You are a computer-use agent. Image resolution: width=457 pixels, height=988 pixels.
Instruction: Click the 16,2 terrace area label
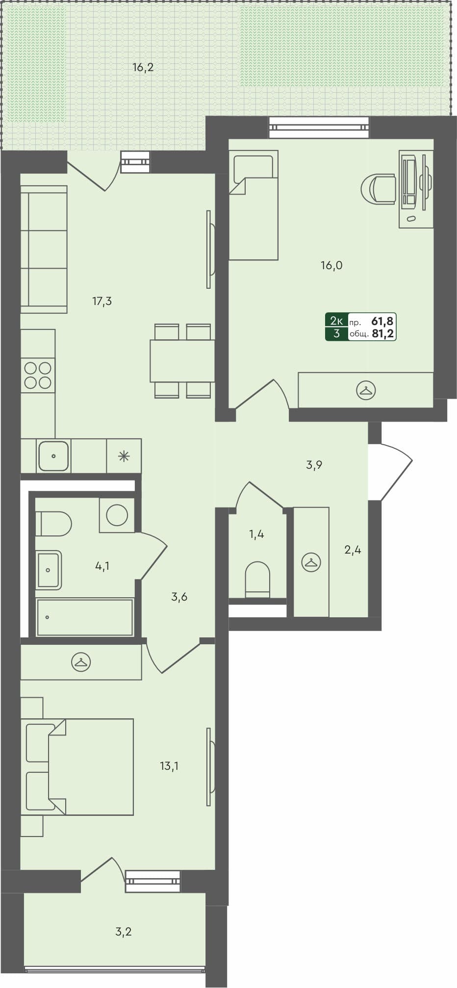click(x=143, y=68)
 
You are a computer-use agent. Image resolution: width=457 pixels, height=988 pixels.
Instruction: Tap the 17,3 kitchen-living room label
click(x=102, y=301)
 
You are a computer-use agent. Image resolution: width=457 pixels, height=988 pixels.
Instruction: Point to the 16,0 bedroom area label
click(x=331, y=266)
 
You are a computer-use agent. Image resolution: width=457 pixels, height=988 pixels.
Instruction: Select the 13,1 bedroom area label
click(x=169, y=765)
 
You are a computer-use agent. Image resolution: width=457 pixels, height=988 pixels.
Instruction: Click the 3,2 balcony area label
click(x=124, y=931)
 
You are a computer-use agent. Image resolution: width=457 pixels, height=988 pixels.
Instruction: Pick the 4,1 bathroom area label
click(x=102, y=566)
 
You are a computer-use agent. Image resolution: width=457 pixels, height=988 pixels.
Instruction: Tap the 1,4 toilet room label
click(x=256, y=534)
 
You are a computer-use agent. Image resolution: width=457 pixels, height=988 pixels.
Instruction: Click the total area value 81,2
click(x=383, y=334)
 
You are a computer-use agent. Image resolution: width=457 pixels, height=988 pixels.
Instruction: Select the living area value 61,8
click(x=383, y=322)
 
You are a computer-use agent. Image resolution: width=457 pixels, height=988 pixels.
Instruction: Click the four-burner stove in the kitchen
click(x=38, y=375)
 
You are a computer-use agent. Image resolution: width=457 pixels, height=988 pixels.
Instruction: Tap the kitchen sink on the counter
click(x=53, y=456)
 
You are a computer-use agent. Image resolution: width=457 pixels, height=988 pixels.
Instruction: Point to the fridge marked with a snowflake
click(x=124, y=456)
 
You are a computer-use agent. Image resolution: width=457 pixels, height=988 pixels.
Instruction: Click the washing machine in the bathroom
click(x=117, y=515)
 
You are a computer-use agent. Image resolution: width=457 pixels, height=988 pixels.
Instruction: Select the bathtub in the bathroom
click(x=84, y=617)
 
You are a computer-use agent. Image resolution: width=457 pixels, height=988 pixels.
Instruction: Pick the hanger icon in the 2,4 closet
click(x=311, y=562)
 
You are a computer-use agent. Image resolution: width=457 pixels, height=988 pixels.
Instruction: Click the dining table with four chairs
click(x=182, y=361)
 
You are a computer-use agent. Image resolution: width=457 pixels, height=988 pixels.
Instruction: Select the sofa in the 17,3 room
click(x=44, y=249)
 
